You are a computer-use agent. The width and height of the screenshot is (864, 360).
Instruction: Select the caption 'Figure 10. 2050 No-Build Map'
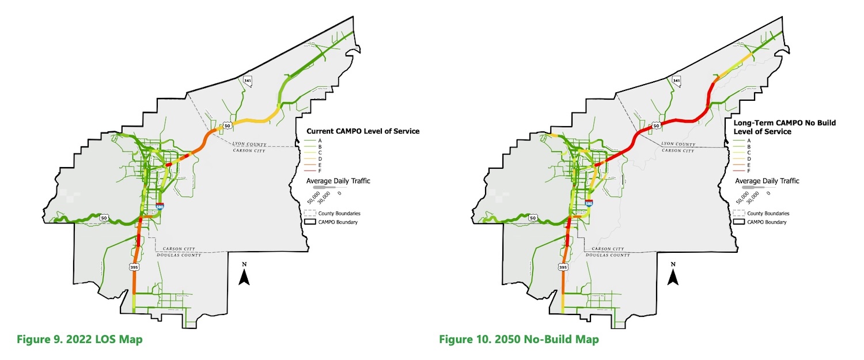pos(518,339)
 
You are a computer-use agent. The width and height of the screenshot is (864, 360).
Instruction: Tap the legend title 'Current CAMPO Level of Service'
pos(363,131)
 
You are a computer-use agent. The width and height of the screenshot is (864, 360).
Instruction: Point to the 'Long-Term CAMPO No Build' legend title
pos(784,123)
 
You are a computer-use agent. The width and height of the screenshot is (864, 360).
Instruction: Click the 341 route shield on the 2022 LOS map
pos(248,80)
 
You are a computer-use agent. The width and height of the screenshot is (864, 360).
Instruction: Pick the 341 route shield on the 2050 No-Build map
pos(677,80)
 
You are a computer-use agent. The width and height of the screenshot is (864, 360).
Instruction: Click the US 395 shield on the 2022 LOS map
pos(134,267)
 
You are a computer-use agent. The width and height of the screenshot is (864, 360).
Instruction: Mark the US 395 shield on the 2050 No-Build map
pos(563,267)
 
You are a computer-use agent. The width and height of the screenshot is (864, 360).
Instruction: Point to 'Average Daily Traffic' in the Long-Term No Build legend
pos(767,181)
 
